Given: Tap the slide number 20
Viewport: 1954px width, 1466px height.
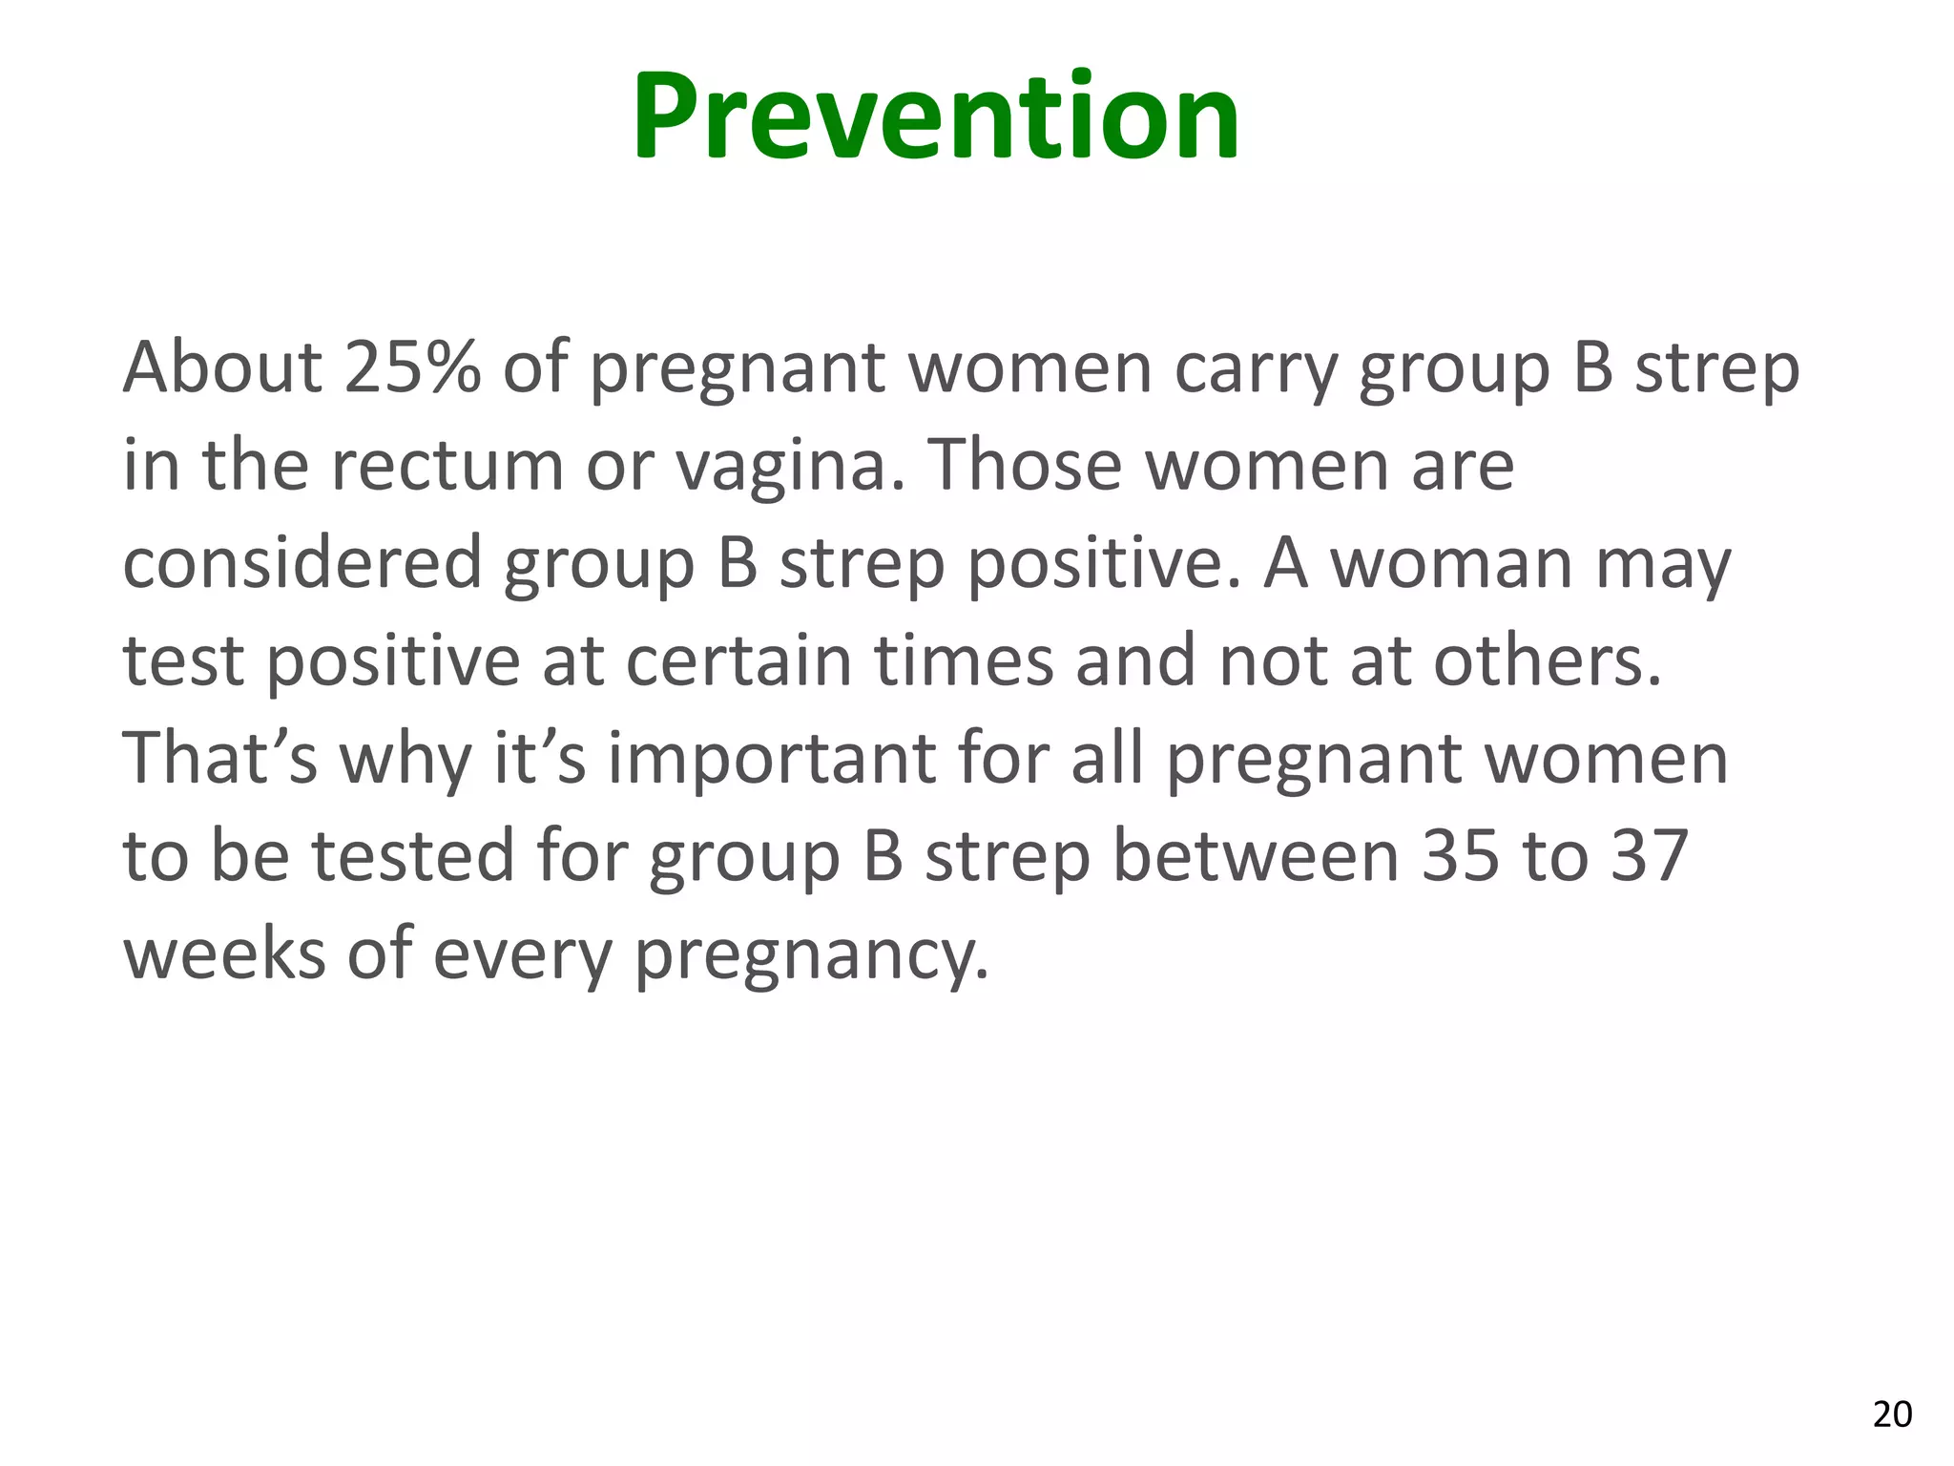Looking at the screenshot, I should pos(1892,1414).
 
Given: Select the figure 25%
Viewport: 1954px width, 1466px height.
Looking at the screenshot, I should pos(412,367).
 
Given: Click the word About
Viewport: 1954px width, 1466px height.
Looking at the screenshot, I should pos(223,367).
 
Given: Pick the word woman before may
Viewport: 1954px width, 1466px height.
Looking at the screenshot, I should pos(1451,564).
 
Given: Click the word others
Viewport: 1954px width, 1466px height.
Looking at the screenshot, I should pos(1547,660).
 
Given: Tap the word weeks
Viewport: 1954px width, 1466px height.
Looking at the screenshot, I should pos(224,953).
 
